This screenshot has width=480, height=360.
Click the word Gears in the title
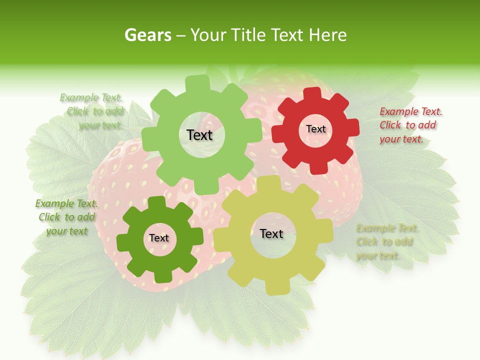tap(147, 35)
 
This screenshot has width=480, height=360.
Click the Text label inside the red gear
tap(315, 129)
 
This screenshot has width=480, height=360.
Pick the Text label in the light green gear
tap(199, 135)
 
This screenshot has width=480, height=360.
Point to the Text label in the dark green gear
tap(159, 238)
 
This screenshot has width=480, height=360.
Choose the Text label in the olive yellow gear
tap(271, 233)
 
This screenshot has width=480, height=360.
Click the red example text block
tap(411, 125)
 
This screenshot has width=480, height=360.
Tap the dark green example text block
tap(66, 217)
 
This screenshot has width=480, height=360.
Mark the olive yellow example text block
tap(387, 242)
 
